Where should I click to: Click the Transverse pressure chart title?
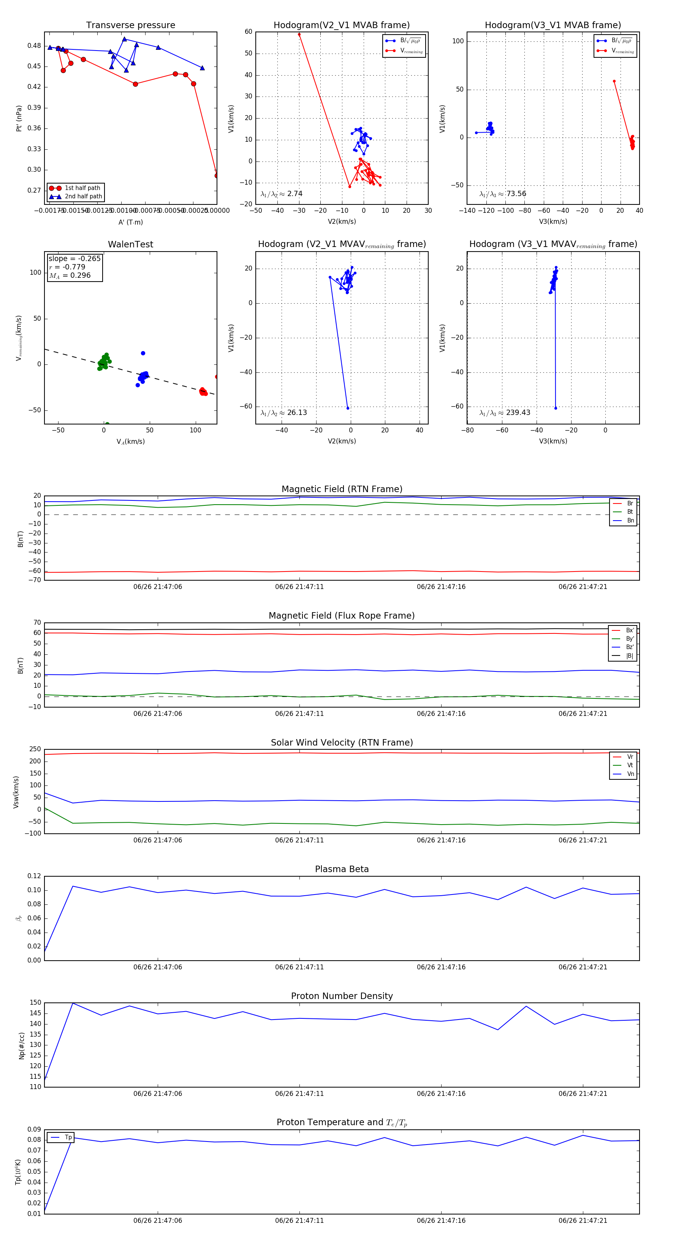tap(130, 25)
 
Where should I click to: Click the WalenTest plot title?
tap(130, 244)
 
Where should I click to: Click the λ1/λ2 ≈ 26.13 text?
tap(284, 413)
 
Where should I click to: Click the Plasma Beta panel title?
tap(342, 869)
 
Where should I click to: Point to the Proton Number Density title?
tap(342, 996)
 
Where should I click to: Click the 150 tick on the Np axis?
tap(36, 1003)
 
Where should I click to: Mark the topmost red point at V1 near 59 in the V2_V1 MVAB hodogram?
tap(299, 35)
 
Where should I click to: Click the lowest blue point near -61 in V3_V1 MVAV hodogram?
tap(556, 408)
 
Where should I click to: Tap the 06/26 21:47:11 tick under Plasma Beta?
tap(299, 967)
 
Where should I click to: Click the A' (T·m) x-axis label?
tap(130, 222)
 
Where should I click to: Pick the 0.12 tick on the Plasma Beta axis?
tap(34, 876)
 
